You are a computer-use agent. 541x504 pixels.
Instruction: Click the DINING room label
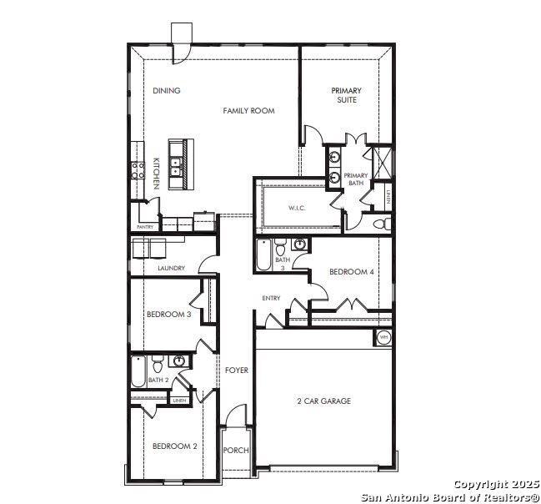coord(167,90)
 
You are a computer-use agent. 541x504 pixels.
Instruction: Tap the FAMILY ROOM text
coord(248,111)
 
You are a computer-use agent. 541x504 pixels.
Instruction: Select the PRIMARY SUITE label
coord(347,95)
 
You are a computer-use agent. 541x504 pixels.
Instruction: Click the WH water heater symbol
coord(383,337)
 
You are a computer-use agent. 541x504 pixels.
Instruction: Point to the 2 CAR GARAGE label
coord(324,401)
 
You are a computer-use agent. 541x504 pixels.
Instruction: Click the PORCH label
coord(236,451)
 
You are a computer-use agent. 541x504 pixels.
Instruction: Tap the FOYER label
coord(237,370)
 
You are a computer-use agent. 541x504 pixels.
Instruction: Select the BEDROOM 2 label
coord(175,446)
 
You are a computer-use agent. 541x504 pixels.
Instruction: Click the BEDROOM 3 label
coord(169,315)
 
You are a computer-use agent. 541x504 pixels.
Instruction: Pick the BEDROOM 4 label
coord(352,272)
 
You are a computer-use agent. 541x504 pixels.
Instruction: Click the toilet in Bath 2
coord(158,364)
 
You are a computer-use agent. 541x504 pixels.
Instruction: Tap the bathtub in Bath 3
coord(264,255)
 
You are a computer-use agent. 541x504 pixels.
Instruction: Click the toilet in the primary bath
coord(382,224)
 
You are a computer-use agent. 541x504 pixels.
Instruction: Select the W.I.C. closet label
coord(297,209)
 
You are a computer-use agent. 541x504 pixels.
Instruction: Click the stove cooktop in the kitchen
coord(138,171)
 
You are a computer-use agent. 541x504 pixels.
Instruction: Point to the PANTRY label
coord(145,227)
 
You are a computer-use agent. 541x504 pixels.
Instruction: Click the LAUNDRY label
coord(172,268)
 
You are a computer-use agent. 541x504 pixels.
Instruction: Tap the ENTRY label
coord(271,298)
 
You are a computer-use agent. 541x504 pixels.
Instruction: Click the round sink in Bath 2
coord(179,361)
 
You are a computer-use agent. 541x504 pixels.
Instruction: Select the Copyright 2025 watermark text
coord(497,484)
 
